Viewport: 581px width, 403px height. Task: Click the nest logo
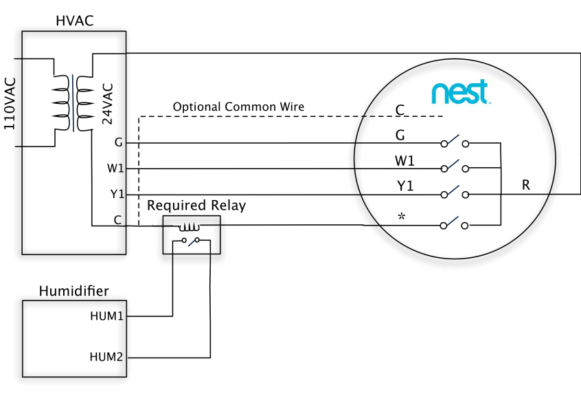point(461,91)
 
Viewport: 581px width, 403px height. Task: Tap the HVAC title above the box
point(75,21)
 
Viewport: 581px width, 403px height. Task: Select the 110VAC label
point(10,104)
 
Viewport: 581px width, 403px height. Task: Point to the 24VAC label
point(107,104)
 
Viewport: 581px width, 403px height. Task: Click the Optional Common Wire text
point(238,107)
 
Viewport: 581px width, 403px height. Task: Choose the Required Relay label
point(196,205)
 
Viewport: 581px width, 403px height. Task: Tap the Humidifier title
point(74,291)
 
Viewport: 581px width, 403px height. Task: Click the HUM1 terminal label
point(106,316)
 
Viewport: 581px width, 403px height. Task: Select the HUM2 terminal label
point(106,357)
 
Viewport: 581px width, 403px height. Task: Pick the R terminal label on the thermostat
point(526,185)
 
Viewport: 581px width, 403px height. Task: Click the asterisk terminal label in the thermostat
point(401,217)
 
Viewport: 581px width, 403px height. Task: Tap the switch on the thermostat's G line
point(455,142)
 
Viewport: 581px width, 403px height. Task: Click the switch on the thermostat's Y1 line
point(455,193)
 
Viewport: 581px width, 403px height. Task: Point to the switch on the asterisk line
point(454,224)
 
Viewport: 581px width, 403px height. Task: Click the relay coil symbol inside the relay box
point(190,227)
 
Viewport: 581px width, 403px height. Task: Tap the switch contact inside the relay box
point(191,241)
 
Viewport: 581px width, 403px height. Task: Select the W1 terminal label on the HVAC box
point(115,168)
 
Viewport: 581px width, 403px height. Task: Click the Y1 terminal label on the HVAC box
point(117,194)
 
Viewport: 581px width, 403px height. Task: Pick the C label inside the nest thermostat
point(400,110)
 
